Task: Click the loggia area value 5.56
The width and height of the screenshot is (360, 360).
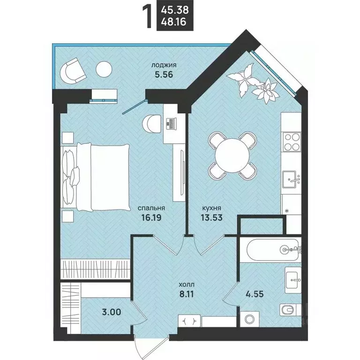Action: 164,75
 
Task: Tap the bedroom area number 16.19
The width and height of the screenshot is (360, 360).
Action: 151,217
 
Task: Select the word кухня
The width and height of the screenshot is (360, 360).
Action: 211,208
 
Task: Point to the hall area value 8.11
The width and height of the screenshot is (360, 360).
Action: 187,294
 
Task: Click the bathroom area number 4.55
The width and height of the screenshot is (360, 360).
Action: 255,294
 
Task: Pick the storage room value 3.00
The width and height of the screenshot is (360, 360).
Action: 112,312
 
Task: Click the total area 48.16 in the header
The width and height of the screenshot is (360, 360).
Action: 173,22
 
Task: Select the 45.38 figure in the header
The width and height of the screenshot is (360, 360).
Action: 175,10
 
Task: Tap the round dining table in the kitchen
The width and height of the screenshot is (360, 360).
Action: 232,156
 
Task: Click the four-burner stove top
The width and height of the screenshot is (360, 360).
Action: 292,142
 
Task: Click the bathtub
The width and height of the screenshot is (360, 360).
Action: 273,249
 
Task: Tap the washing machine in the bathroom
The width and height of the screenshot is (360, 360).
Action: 249,319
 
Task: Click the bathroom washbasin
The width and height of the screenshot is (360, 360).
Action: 293,280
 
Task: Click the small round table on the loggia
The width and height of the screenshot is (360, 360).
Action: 104,69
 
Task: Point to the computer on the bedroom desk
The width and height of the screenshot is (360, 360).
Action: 171,124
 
